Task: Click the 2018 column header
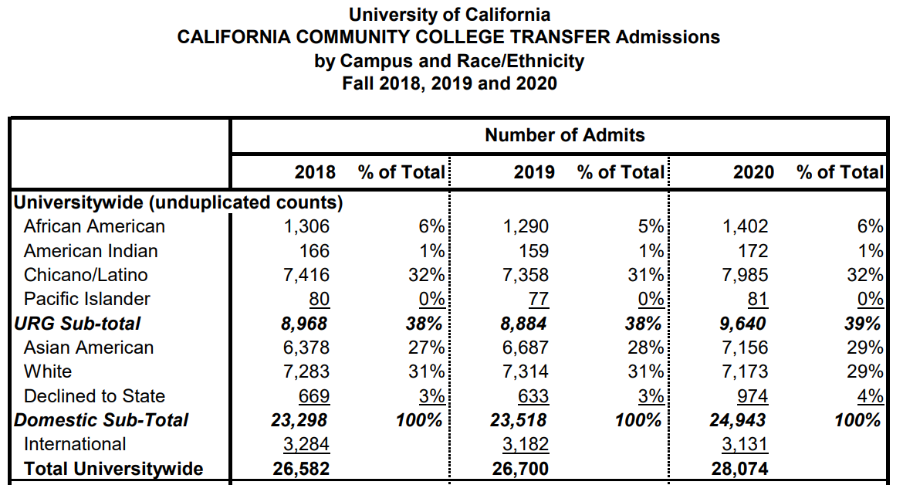point(315,171)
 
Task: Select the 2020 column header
point(753,171)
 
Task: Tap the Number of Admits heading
point(564,135)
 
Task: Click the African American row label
point(94,226)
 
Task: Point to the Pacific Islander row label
point(87,299)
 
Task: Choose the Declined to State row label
point(94,396)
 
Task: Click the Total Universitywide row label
point(113,469)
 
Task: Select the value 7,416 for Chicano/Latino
point(307,275)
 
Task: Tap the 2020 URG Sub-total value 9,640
point(744,323)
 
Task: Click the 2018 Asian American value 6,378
point(307,348)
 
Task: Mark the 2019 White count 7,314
point(526,371)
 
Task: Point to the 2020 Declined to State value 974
point(752,396)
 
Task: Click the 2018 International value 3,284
point(307,444)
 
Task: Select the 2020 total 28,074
point(741,469)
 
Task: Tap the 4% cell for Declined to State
point(871,396)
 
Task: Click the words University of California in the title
point(450,15)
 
